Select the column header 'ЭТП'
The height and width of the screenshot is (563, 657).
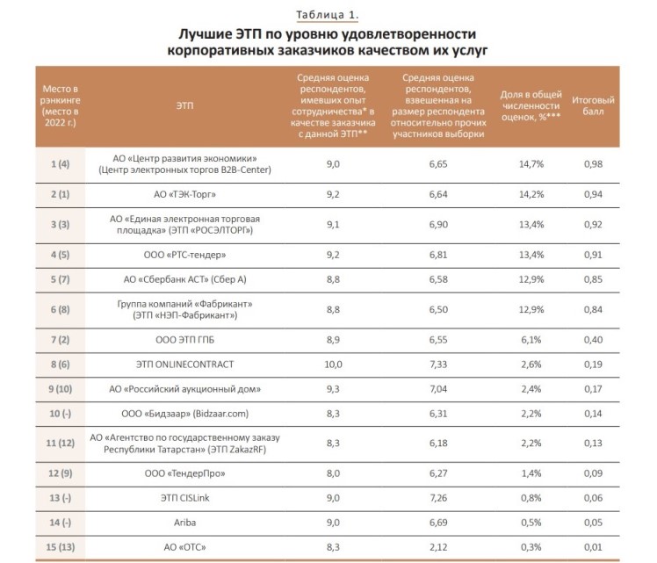pos(184,104)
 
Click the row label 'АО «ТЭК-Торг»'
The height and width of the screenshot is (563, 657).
pos(184,194)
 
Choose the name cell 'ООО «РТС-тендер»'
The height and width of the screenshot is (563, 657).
pos(184,256)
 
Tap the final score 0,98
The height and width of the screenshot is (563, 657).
pos(593,164)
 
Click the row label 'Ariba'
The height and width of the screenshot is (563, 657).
pos(184,522)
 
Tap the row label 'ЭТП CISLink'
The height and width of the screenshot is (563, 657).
pos(184,498)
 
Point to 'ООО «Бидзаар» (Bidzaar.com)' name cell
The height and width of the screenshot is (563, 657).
pos(184,411)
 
